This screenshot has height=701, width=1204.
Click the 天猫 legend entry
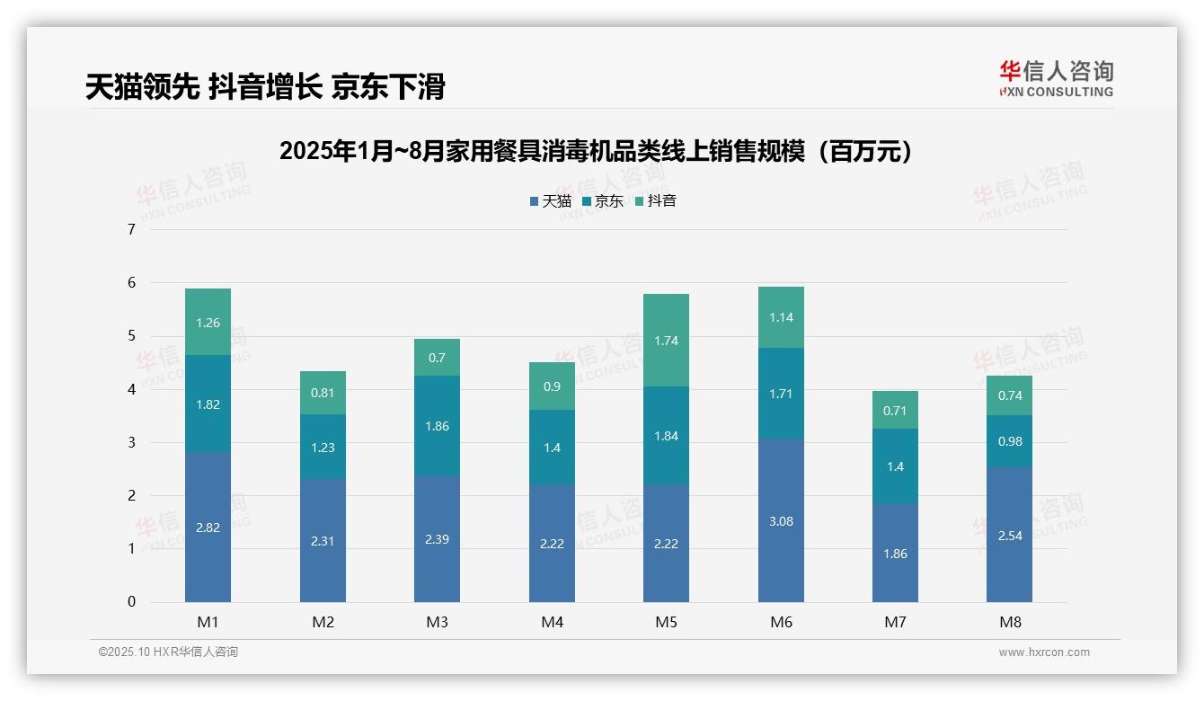pos(550,201)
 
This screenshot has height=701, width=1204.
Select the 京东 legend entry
pos(602,201)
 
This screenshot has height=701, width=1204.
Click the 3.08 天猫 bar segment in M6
pos(781,521)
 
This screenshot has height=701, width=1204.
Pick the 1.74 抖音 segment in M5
pos(666,341)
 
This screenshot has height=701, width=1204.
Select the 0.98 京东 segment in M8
pos(1009,441)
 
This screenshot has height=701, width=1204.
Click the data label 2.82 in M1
pos(208,528)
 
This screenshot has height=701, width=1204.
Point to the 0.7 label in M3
pos(437,358)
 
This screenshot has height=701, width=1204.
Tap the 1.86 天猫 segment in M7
pos(895,554)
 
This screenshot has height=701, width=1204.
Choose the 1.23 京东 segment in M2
pos(323,448)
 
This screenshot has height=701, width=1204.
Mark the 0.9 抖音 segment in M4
pos(552,386)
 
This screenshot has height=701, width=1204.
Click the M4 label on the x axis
pos(552,622)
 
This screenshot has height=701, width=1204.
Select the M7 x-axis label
pos(895,622)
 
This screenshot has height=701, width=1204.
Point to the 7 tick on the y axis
pos(131,229)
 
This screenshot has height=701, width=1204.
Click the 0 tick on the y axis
pos(131,602)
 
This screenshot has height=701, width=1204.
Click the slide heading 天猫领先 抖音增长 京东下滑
pos(265,87)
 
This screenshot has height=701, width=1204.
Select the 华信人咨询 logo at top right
pos(1056,78)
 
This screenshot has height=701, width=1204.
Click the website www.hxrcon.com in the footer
pos(1044,652)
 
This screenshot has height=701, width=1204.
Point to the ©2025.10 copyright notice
pos(168,652)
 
